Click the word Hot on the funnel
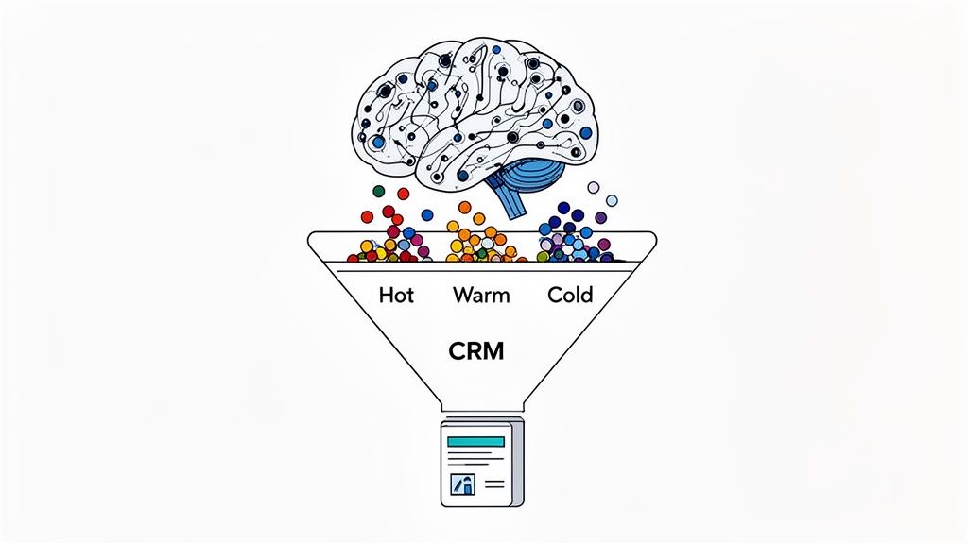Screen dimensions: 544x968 coord(396,295)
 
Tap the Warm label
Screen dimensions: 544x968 coord(481,295)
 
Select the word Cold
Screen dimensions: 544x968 coord(570,295)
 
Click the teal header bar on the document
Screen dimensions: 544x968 coord(475,442)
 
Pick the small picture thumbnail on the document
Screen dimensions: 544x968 coord(463,484)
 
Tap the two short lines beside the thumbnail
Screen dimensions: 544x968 coord(494,484)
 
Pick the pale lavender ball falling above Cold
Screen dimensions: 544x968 coord(594,187)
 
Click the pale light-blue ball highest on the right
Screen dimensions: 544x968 coord(612,200)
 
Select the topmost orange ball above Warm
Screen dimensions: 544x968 coord(464,207)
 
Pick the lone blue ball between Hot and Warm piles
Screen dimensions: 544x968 coord(427,214)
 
